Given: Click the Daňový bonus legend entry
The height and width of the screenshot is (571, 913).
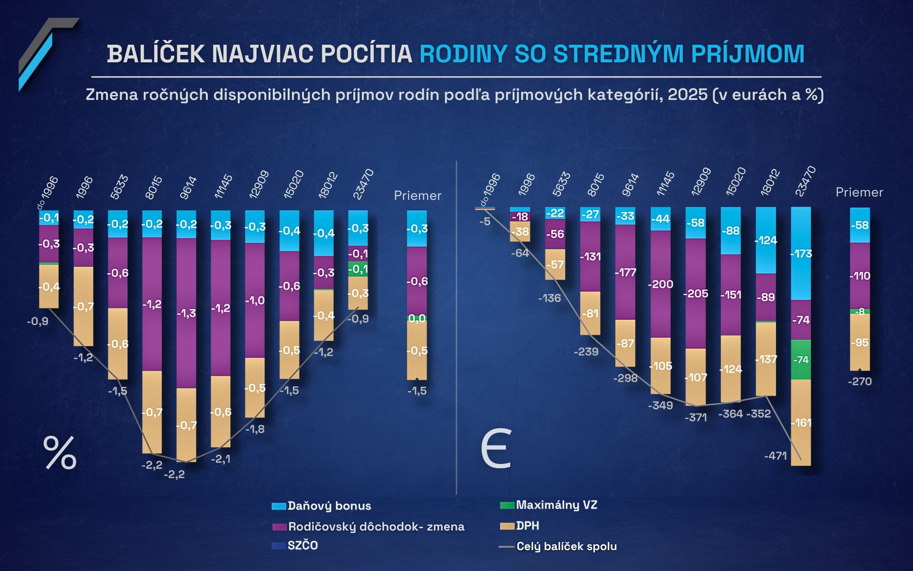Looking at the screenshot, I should coord(321,506).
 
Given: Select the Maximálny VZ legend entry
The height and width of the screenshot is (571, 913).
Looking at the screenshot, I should coord(549,505).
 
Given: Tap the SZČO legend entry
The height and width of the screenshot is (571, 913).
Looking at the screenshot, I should coord(295,545).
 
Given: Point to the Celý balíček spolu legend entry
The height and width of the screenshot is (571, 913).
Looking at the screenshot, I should coord(558,546).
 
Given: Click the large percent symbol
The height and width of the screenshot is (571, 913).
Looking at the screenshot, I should coord(60,453).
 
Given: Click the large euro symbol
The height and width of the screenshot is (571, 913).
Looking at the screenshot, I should coord(496,449).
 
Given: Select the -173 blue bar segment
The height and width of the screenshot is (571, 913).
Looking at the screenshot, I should coord(801,253).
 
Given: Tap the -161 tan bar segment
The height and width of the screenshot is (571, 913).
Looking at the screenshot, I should coord(801,423).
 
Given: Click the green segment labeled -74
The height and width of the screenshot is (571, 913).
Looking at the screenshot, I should coord(801,360).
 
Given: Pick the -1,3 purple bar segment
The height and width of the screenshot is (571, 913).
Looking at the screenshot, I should coord(186,313).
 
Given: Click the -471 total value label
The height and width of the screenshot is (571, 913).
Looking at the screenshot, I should coord(776,456).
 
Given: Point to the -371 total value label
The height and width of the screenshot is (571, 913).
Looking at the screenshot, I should coord(696,418).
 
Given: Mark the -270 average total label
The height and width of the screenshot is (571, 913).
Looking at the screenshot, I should coord(860,382).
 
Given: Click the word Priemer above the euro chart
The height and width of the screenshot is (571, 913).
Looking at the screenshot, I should coord(859,192).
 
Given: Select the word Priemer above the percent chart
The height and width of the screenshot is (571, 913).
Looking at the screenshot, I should coord(418,196).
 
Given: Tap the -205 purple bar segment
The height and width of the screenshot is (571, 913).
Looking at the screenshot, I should coord(696,294).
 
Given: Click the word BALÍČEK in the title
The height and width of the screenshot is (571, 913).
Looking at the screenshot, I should coord(155,54).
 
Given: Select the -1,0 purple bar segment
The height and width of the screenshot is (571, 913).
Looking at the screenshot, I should coord(255,301).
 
